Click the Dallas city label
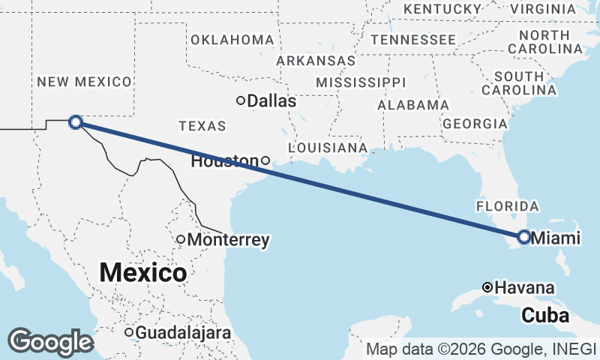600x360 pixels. pos(271,100)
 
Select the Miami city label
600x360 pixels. pos(556,238)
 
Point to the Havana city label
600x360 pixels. pos(525,287)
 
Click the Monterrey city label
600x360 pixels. pos(228,240)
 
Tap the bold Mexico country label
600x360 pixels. pos(142,272)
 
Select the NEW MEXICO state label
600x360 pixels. pos(85,81)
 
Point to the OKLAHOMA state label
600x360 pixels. pos(232,39)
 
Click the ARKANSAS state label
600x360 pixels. pos(315,60)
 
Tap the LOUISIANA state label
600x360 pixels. pos(328,147)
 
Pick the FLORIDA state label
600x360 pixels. pos(508,205)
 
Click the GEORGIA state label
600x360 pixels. pos(475,123)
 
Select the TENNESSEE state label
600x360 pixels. pos(412,39)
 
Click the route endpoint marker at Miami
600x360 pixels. pos(523,238)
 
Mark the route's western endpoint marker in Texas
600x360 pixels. pos(75,121)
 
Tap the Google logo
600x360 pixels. pos(50,342)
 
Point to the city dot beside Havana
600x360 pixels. pos(487,287)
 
